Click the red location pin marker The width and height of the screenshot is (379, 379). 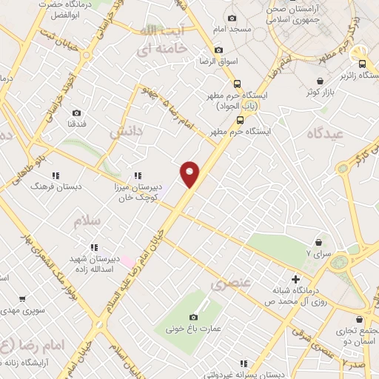pyautogui.click(x=191, y=173)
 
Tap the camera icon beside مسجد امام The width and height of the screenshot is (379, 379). pyautogui.click(x=232, y=19)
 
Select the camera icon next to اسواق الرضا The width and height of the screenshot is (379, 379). pyautogui.click(x=218, y=50)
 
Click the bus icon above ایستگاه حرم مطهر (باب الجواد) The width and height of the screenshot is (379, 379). pyautogui.click(x=237, y=84)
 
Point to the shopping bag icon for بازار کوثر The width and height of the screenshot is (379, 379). pyautogui.click(x=319, y=81)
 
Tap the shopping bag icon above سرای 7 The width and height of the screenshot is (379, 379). pyautogui.click(x=319, y=241)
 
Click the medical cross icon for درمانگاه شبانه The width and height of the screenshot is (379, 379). pyautogui.click(x=296, y=280)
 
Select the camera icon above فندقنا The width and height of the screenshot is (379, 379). pyautogui.click(x=76, y=113)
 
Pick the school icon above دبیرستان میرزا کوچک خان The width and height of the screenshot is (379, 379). pyautogui.click(x=137, y=175)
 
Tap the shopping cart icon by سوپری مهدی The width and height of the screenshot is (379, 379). pyautogui.click(x=22, y=299)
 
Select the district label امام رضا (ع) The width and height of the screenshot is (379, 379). pyautogui.click(x=30, y=346)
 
